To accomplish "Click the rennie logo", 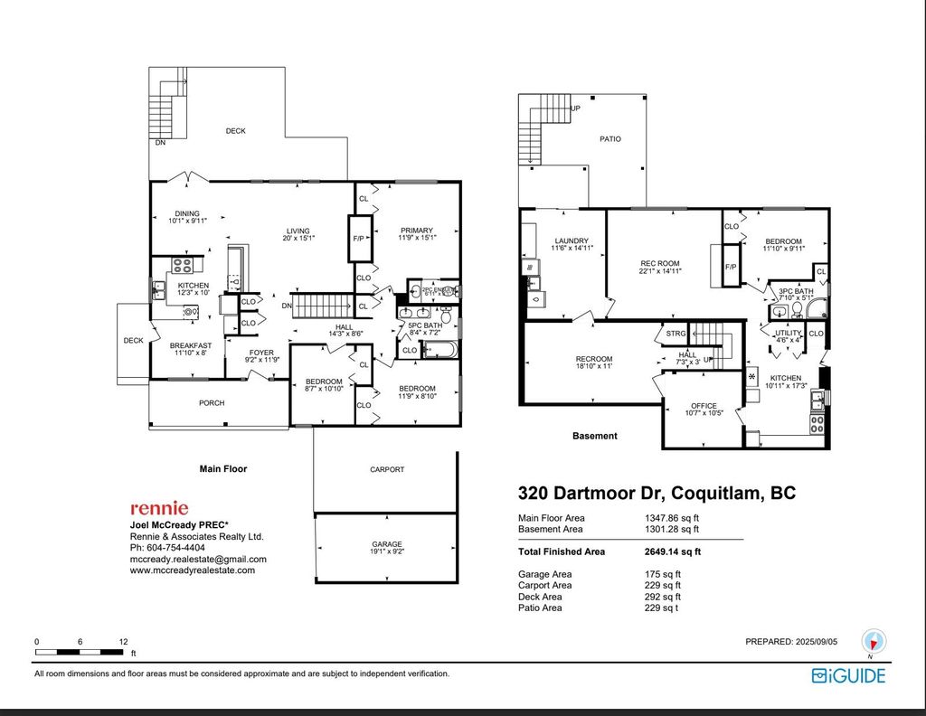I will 159,509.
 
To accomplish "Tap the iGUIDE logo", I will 848,675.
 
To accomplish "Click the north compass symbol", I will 874,641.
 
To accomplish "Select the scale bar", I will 80,651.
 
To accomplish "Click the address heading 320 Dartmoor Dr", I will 656,494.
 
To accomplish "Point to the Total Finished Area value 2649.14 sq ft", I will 672,551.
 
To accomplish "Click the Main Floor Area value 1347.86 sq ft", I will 671,518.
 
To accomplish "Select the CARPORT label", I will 387,470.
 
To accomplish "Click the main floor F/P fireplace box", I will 359,240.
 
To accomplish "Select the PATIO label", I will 610,139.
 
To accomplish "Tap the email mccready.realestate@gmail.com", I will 199,559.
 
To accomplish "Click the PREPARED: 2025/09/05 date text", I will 792,642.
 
